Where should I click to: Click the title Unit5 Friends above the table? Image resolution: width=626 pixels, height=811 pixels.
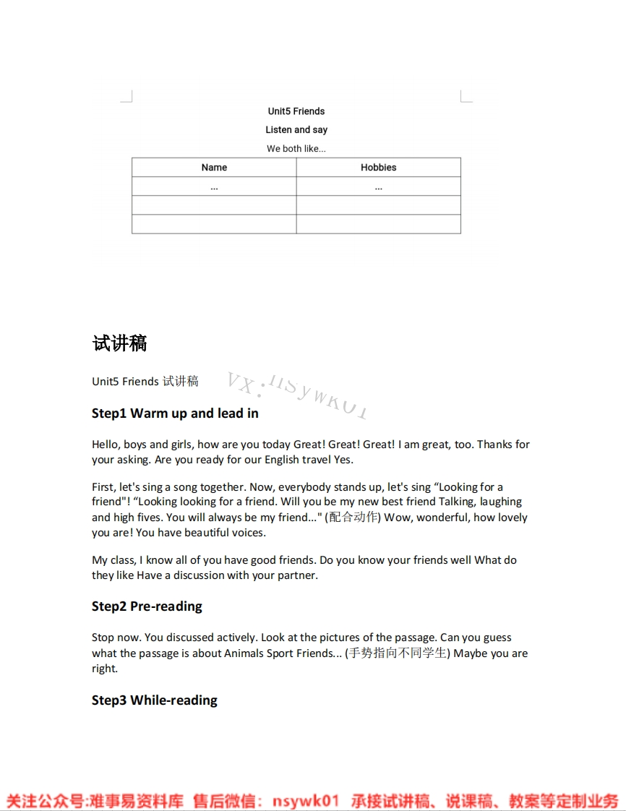click(x=296, y=111)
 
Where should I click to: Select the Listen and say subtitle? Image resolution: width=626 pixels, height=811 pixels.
click(x=296, y=130)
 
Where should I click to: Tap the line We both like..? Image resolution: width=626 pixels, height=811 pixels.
click(x=296, y=149)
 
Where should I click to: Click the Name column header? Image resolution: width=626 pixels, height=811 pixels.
click(x=214, y=168)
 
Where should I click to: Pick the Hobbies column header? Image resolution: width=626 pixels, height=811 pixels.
click(x=379, y=168)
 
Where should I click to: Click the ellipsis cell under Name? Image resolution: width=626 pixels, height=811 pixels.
click(x=214, y=187)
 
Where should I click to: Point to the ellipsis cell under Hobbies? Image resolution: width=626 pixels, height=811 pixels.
click(x=379, y=187)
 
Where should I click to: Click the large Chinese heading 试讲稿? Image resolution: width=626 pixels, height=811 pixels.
click(x=120, y=343)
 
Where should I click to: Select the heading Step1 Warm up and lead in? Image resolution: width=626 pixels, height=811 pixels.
click(x=175, y=413)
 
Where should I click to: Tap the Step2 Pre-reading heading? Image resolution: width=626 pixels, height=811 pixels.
click(x=147, y=606)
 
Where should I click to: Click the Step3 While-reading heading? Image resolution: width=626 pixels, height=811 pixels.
click(x=155, y=700)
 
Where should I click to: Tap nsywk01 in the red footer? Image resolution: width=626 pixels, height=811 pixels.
click(x=306, y=801)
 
